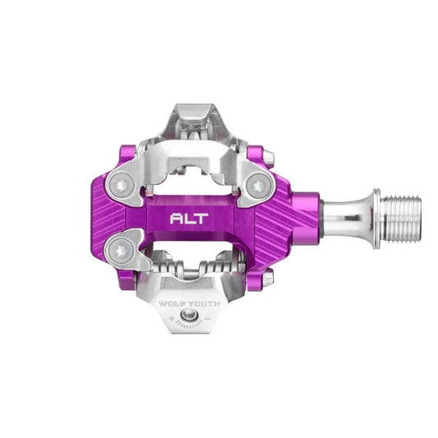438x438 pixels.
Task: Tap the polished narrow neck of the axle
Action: (x=345, y=219)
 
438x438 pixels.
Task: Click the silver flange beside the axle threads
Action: (x=375, y=219)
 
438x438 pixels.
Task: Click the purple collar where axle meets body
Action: (x=308, y=219)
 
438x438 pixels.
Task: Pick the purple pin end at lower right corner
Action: (x=268, y=279)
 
